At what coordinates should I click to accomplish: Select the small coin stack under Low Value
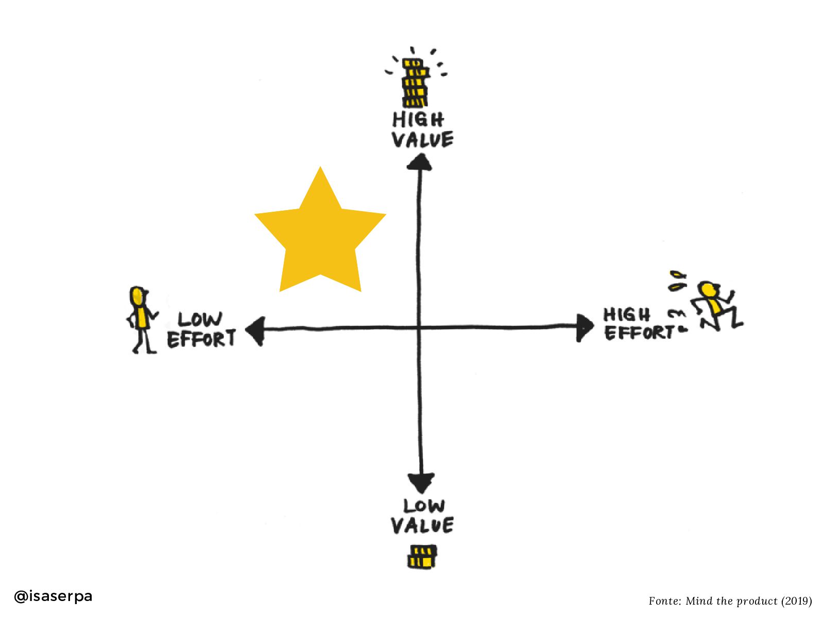pyautogui.click(x=422, y=557)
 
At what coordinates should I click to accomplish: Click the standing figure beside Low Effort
pyautogui.click(x=140, y=319)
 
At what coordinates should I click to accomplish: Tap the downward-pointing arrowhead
pyautogui.click(x=421, y=483)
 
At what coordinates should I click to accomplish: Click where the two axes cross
pyautogui.click(x=419, y=327)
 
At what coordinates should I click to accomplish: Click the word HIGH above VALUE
pyautogui.click(x=418, y=119)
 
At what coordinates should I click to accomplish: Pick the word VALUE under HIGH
pyautogui.click(x=422, y=140)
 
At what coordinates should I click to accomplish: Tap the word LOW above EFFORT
pyautogui.click(x=200, y=319)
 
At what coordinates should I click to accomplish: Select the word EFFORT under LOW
pyautogui.click(x=201, y=339)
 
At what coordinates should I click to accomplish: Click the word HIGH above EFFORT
pyautogui.click(x=627, y=314)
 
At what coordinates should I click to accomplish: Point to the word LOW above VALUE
pyautogui.click(x=424, y=506)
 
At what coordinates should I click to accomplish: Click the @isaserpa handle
pyautogui.click(x=53, y=596)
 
